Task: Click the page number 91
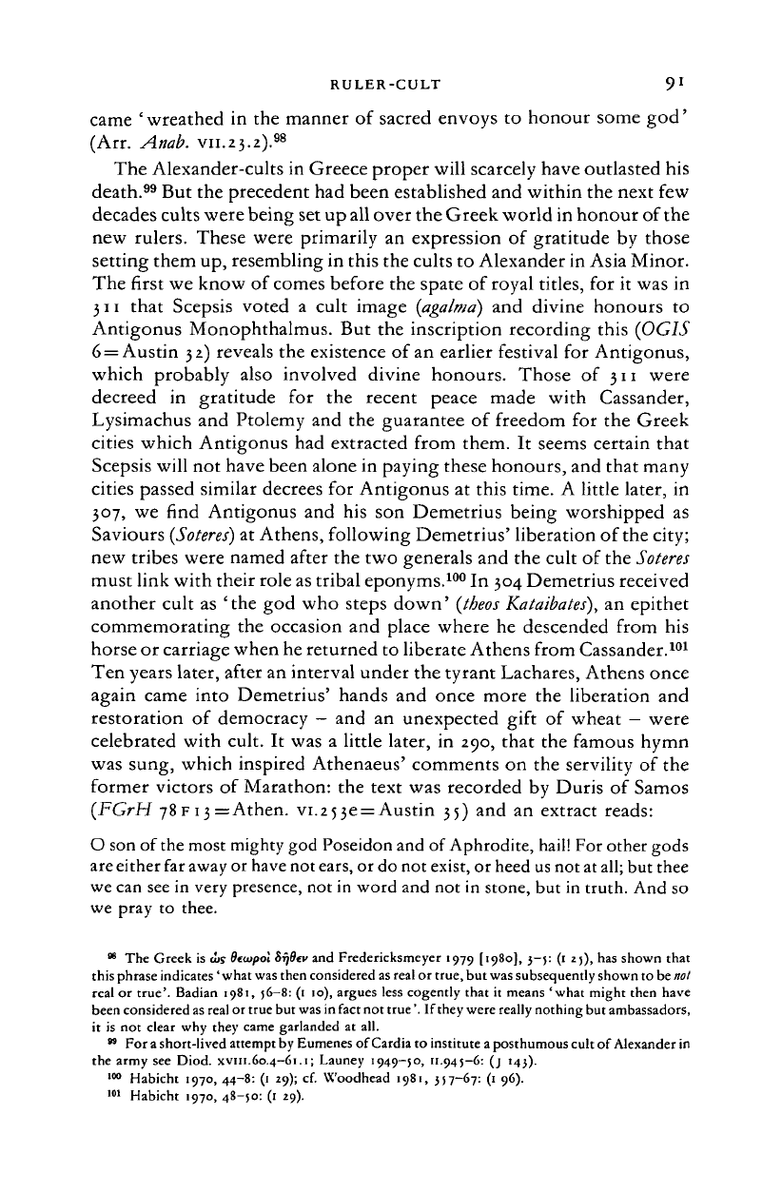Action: point(669,87)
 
